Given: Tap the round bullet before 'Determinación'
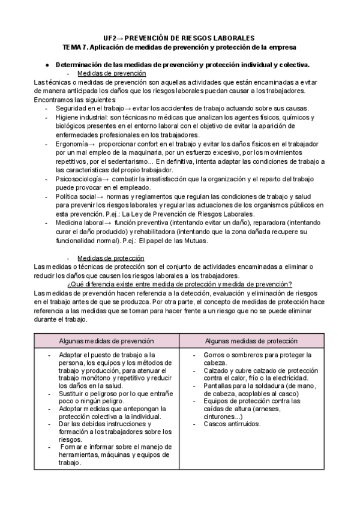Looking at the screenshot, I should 47,64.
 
